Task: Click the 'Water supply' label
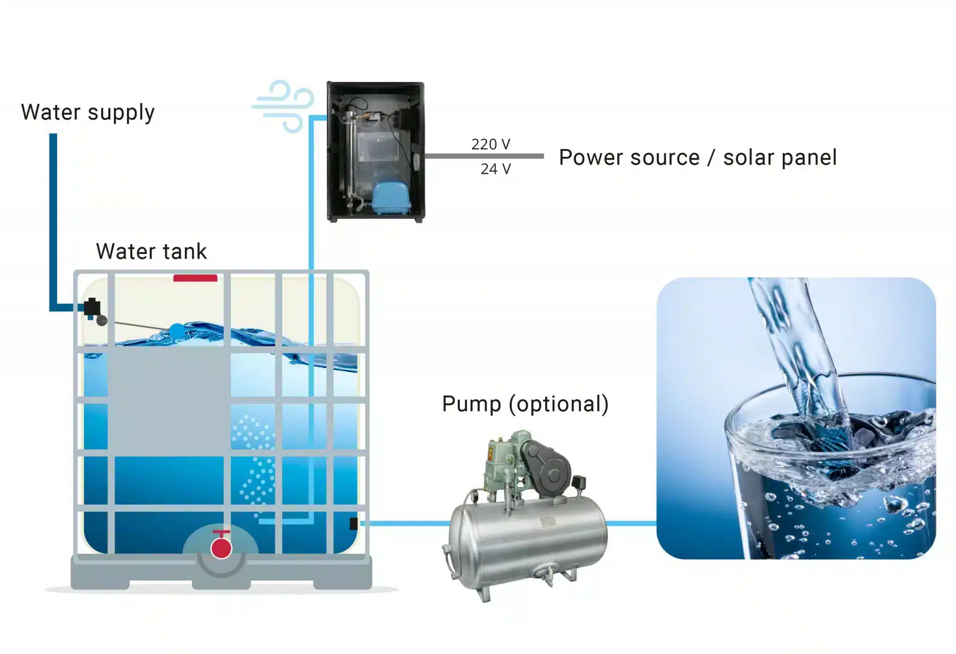[88, 113]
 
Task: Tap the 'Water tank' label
[151, 251]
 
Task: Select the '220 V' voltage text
[491, 144]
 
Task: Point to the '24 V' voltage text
[496, 169]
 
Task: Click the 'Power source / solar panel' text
[698, 157]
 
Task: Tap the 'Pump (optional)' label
[525, 404]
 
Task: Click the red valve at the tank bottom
[221, 547]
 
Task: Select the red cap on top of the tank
[195, 278]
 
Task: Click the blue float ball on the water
[176, 331]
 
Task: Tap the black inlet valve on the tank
[92, 307]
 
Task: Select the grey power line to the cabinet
[484, 156]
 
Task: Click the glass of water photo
[796, 418]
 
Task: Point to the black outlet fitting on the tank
[353, 523]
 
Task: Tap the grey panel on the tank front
[169, 401]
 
